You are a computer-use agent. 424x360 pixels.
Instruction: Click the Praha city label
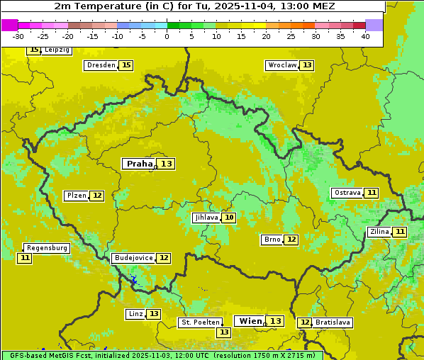click(x=139, y=164)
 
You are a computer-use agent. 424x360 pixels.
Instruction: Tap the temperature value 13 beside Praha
click(x=166, y=164)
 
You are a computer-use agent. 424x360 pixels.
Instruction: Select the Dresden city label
click(x=100, y=65)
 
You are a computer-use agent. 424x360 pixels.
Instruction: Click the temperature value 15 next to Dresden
click(x=126, y=65)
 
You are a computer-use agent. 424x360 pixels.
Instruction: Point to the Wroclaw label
click(x=281, y=65)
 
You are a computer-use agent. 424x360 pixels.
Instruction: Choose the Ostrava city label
click(x=347, y=193)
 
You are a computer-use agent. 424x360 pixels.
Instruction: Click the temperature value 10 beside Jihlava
click(x=228, y=218)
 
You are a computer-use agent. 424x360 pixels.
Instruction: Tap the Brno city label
click(x=272, y=240)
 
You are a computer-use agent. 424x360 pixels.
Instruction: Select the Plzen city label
click(x=76, y=196)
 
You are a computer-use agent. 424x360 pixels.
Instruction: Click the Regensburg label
click(x=47, y=248)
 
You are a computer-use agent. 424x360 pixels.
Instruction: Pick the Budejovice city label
click(x=133, y=258)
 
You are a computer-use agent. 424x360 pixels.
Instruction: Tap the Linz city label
click(x=135, y=314)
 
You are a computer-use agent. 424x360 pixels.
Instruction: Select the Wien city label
click(x=250, y=321)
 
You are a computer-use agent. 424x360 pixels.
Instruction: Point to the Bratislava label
click(x=333, y=322)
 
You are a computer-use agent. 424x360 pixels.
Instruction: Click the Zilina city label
click(x=379, y=232)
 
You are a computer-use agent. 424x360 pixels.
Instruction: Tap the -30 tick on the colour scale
click(x=18, y=36)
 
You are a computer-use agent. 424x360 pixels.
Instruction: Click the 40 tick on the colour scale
click(x=365, y=36)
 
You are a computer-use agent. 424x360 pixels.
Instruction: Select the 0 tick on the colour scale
click(x=167, y=36)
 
